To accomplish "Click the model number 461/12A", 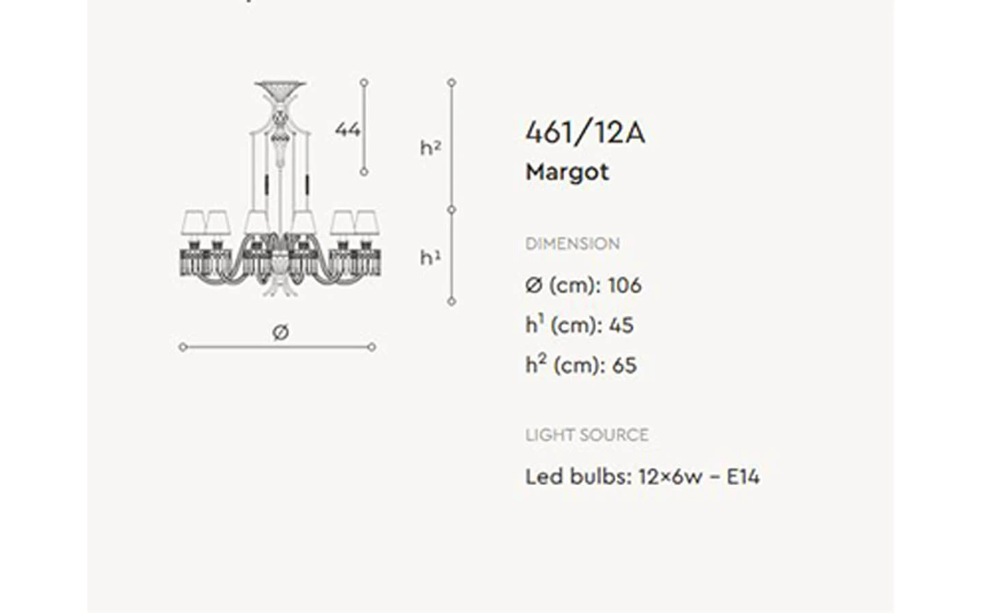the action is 585,132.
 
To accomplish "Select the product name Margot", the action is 567,172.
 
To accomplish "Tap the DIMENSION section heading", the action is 573,243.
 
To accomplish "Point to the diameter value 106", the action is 625,285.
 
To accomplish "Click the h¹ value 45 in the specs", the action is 621,326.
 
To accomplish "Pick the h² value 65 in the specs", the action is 624,365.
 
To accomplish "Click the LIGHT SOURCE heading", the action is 587,435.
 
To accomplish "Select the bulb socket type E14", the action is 743,477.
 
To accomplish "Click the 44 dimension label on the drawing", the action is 348,129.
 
